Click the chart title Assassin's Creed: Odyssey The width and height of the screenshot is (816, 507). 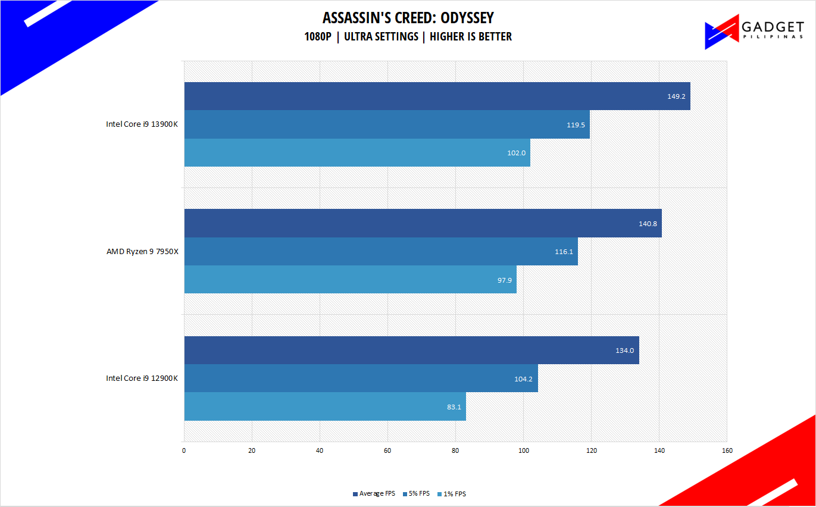(408, 18)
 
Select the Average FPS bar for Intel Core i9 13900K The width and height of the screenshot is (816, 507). (437, 96)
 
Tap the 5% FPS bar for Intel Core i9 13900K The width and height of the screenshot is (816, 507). (387, 124)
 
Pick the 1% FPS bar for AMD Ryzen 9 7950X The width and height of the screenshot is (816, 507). (351, 279)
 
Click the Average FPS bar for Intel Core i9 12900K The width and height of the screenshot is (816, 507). (412, 350)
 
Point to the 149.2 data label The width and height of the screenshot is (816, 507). (676, 96)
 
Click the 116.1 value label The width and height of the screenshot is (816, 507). (564, 252)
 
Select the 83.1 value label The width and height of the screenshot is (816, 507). (454, 407)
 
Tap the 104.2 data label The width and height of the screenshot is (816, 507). (523, 379)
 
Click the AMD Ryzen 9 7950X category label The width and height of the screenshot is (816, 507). (142, 251)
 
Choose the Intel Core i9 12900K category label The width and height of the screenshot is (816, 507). (142, 378)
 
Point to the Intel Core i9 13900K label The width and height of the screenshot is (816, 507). (142, 124)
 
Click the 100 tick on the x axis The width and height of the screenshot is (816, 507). (524, 450)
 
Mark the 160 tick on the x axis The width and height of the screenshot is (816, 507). (727, 450)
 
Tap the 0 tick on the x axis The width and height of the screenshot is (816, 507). (184, 450)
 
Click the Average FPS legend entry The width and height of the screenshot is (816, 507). (374, 493)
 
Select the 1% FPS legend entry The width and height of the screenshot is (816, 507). (452, 494)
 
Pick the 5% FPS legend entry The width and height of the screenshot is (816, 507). (417, 493)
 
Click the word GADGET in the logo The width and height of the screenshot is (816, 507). (773, 27)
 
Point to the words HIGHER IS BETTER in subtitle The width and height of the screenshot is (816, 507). (471, 36)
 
